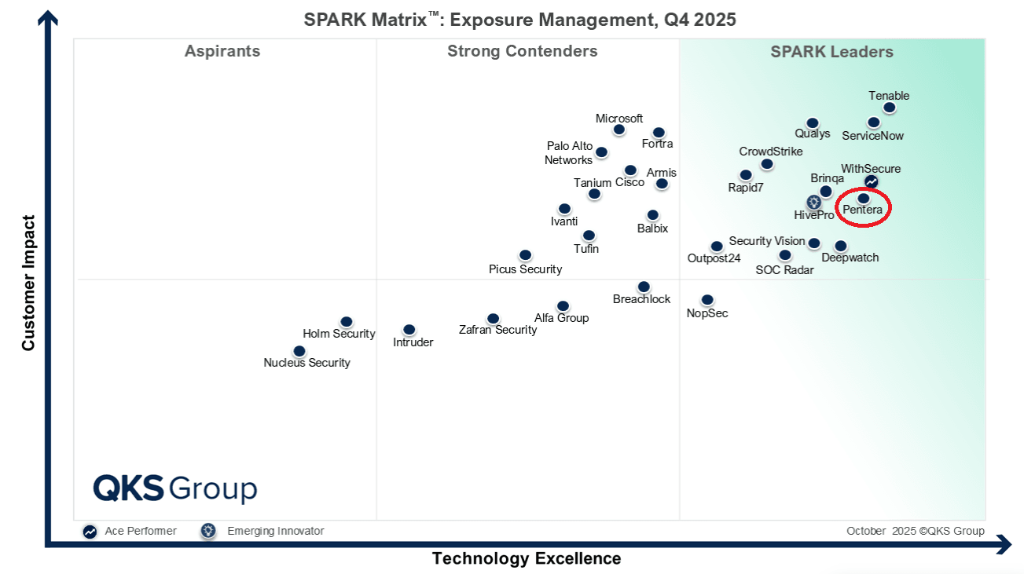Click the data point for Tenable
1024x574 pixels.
889,108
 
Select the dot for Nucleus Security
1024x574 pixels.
299,351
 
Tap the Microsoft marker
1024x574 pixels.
618,130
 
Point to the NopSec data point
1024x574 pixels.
707,300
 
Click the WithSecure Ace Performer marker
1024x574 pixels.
871,182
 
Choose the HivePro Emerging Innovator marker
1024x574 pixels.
813,203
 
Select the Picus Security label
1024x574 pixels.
525,269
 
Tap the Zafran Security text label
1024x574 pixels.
497,330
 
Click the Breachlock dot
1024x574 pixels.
644,287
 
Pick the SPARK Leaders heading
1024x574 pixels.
831,52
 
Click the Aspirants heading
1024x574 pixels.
222,52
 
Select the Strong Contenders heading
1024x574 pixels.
523,52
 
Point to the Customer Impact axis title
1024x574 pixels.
28,283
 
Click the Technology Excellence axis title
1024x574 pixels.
527,558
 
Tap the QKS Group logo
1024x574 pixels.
174,488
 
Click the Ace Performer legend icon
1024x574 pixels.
90,532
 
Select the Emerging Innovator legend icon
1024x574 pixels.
207,531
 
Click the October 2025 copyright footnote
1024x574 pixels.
915,531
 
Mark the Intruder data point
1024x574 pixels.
409,330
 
